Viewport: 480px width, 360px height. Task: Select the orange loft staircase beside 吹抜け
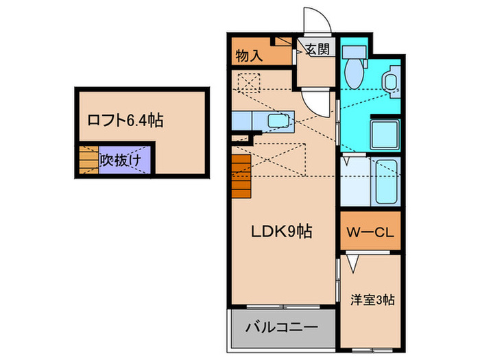pos(88,160)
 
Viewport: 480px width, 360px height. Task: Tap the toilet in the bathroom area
pos(355,68)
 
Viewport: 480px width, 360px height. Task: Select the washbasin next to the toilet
pos(391,81)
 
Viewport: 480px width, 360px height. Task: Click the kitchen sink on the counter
pos(278,122)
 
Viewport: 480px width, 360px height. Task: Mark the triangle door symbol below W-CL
pos(353,262)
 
